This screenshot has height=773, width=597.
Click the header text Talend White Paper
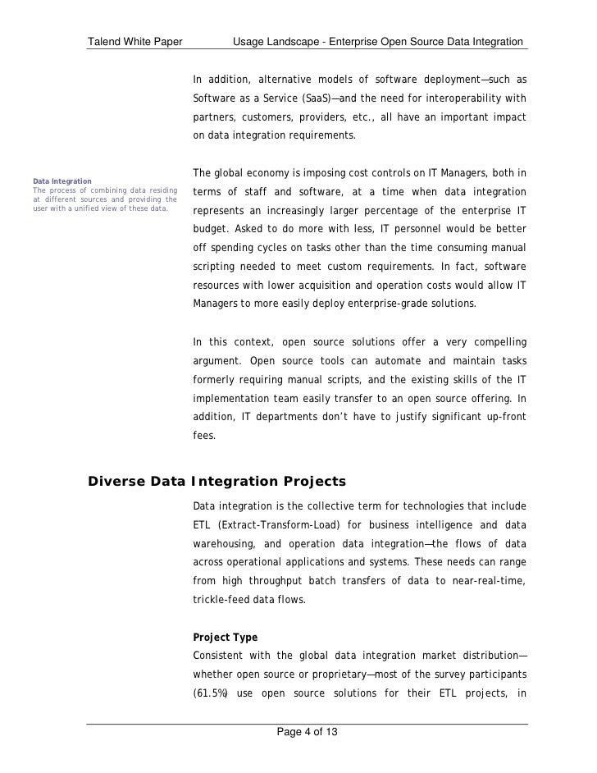coord(135,41)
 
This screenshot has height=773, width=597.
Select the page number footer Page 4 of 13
coord(308,732)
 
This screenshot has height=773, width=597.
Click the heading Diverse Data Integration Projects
coord(216,481)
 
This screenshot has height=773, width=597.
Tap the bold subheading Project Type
coord(225,637)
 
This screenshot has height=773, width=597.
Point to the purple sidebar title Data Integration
coord(62,181)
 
